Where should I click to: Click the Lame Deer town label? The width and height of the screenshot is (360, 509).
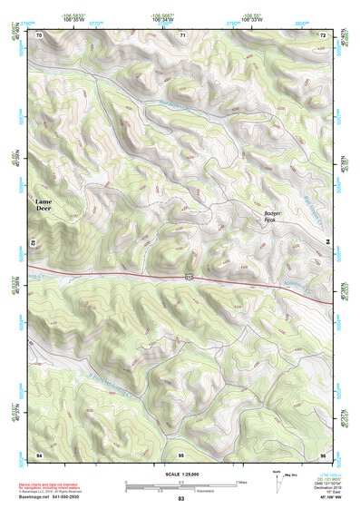[x=44, y=204]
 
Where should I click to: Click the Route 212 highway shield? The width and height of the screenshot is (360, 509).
[x=188, y=276]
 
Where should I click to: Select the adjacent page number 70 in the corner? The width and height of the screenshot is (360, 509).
[x=39, y=35]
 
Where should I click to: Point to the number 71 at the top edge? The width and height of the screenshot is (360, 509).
[x=182, y=35]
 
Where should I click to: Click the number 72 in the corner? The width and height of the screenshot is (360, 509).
[x=323, y=35]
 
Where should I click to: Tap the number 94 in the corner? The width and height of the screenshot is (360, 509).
[x=39, y=453]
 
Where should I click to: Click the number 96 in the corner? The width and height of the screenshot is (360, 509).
[x=323, y=453]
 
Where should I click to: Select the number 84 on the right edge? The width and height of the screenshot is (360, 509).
[x=326, y=241]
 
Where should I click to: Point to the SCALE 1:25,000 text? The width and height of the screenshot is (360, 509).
[x=180, y=475]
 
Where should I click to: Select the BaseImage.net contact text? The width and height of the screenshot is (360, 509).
[x=54, y=498]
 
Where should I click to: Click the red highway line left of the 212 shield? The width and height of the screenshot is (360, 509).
[x=109, y=272]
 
